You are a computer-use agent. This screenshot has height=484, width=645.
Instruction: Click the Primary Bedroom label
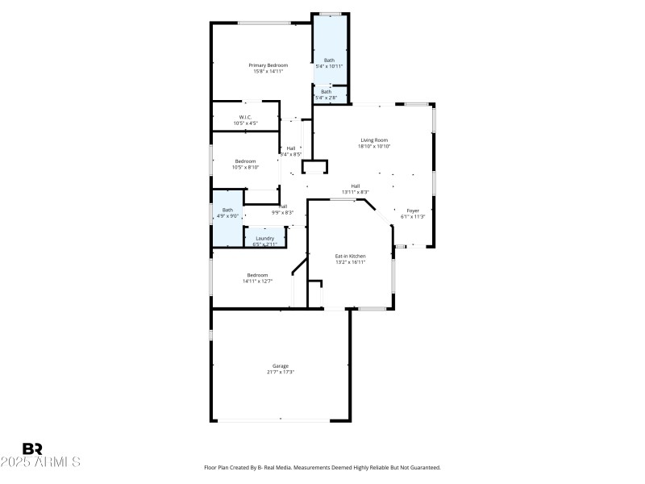click(x=268, y=65)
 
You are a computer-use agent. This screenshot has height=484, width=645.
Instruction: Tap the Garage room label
click(x=280, y=365)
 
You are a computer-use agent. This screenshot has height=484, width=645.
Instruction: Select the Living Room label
click(x=374, y=140)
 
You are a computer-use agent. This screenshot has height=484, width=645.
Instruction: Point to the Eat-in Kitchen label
click(x=351, y=256)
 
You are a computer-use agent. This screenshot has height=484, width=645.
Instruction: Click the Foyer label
click(x=413, y=211)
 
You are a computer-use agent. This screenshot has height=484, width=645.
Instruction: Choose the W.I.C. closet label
click(x=245, y=117)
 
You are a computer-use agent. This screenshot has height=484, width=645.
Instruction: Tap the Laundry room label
click(x=264, y=238)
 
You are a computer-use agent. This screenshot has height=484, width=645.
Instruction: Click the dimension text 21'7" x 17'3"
click(x=280, y=372)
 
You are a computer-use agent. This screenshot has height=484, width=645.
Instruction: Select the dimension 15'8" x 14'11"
click(x=268, y=71)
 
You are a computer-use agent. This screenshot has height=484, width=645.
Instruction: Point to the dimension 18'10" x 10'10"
click(x=374, y=147)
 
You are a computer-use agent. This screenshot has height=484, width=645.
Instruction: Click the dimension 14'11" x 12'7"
click(x=257, y=282)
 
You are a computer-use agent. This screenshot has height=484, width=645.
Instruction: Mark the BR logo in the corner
click(x=32, y=449)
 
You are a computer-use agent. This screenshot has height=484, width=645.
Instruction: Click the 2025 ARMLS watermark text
click(x=40, y=462)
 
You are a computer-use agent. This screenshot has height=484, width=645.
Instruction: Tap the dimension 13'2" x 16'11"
click(x=351, y=262)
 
